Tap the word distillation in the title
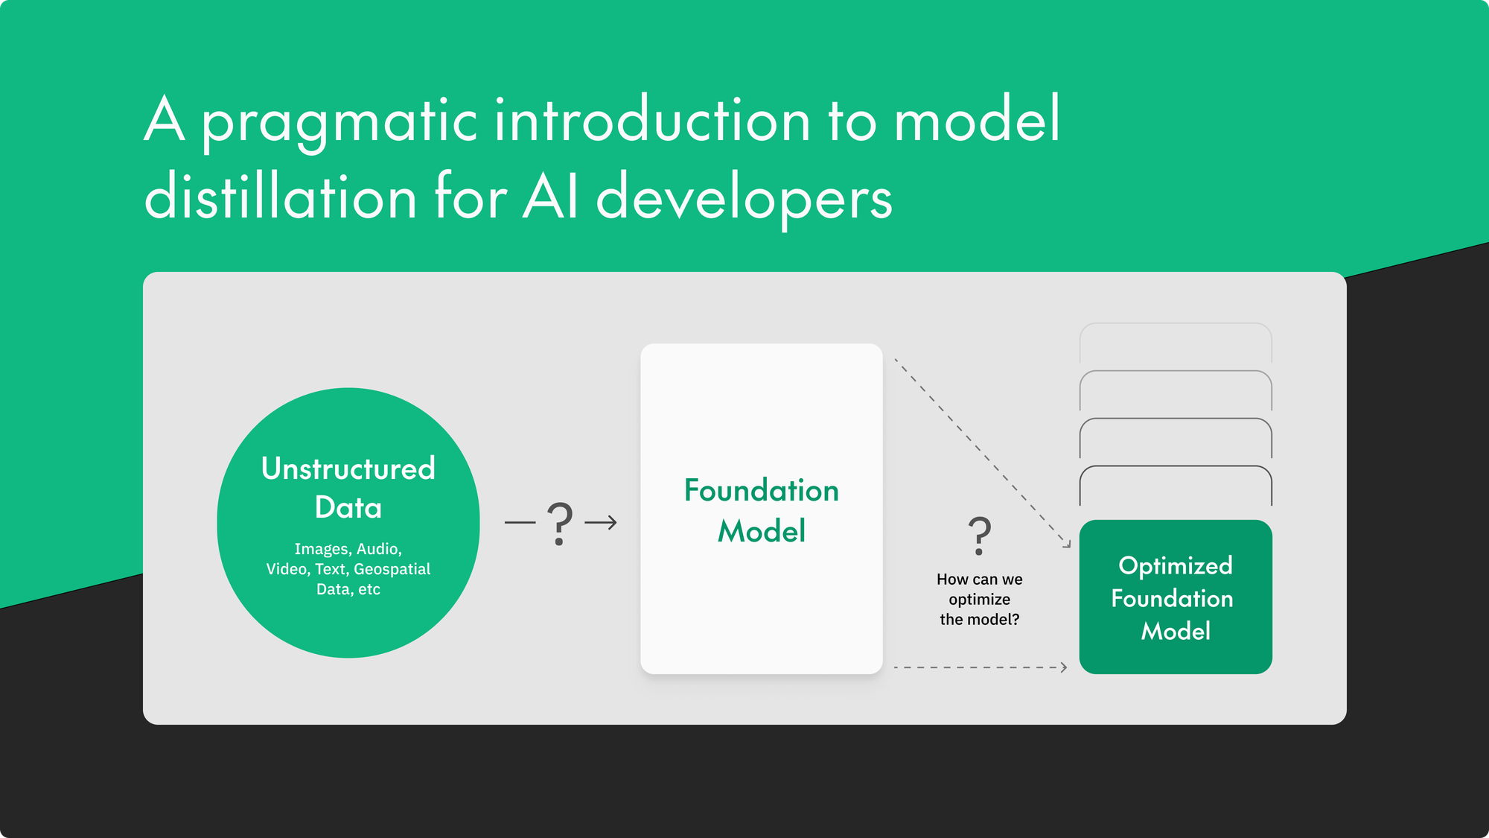click(x=280, y=197)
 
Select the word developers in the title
click(x=744, y=200)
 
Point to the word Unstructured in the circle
click(x=348, y=469)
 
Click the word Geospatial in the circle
click(x=392, y=569)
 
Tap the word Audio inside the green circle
click(x=379, y=549)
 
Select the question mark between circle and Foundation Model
click(x=560, y=523)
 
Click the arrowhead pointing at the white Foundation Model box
click(x=612, y=523)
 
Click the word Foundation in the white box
click(x=761, y=490)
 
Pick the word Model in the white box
click(x=761, y=531)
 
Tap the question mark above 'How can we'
click(x=979, y=536)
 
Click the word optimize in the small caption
click(x=979, y=600)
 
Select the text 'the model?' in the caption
click(x=979, y=620)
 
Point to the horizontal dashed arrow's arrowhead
click(x=1065, y=667)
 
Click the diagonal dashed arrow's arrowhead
click(x=1067, y=545)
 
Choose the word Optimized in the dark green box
click(x=1176, y=565)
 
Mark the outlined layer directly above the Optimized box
click(x=1176, y=468)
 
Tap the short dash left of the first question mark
click(x=520, y=523)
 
